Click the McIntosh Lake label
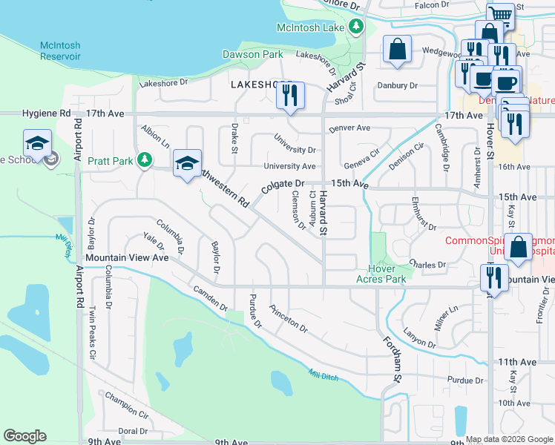point(310,27)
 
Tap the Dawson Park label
point(252,54)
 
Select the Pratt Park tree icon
point(145,159)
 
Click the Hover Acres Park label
point(387,274)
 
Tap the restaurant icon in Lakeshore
point(290,95)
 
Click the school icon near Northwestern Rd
point(188,164)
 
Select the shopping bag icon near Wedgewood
point(398,50)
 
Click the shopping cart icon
point(501,15)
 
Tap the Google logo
point(24,436)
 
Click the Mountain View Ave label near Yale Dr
point(127,257)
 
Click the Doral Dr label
point(134,431)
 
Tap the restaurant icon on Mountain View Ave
point(493,278)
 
